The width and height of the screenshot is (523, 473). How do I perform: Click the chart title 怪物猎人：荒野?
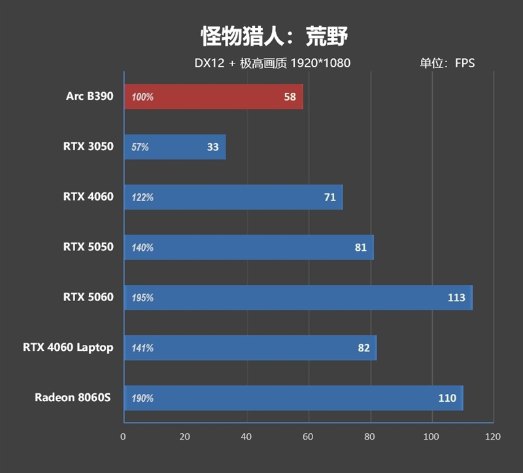274,37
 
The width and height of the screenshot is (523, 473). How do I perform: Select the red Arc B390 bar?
213,97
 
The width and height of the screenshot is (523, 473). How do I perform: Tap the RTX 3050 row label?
88,146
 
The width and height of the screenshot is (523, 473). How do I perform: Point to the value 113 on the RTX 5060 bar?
456,298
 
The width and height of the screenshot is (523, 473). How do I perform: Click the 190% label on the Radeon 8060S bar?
143,399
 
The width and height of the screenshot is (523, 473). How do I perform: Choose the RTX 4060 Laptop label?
68,348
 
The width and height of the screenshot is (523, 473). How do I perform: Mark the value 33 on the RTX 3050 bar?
212,147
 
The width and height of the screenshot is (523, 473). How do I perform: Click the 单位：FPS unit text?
447,63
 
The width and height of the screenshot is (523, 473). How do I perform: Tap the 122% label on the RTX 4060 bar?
143,197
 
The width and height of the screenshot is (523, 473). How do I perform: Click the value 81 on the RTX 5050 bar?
361,248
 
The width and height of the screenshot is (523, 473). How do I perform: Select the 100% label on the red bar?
143,97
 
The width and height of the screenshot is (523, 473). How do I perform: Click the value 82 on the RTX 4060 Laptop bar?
364,348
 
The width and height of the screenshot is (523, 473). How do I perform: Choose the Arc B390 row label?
90,96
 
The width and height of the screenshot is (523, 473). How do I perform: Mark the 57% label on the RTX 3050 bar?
141,148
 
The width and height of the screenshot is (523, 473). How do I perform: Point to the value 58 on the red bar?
290,97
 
